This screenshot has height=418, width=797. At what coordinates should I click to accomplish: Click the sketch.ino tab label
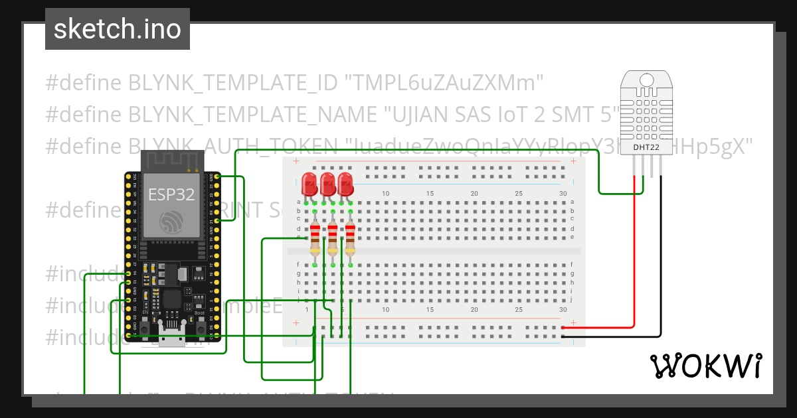coord(117,29)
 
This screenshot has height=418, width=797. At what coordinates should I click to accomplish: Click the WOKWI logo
coord(705,366)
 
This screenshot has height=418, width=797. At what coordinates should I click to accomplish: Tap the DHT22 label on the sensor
coord(646,147)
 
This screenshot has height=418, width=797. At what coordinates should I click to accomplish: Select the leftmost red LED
coord(309,183)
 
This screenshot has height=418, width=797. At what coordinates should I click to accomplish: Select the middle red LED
coord(327,183)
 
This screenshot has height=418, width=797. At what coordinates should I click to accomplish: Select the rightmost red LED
coord(345,183)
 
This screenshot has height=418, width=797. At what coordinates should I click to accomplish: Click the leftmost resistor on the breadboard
coord(315,239)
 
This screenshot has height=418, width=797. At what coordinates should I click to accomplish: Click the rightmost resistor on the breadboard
coord(350,239)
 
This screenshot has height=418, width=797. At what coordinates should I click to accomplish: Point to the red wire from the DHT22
coord(634,265)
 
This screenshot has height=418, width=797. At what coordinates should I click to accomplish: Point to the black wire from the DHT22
coord(661,265)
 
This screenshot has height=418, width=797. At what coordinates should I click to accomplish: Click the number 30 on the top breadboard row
coord(563,194)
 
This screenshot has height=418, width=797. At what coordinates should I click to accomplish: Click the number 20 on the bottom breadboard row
coord(474,310)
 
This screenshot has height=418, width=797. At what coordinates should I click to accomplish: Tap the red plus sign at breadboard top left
coord(296,162)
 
